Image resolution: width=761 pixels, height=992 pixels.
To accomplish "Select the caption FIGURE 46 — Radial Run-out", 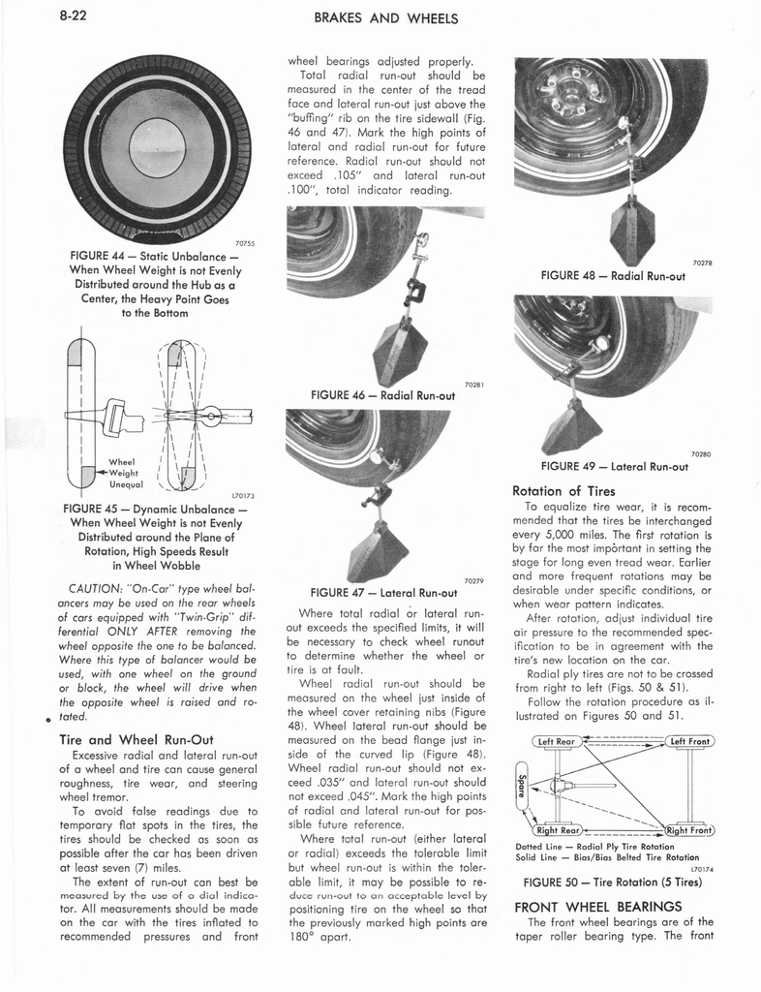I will click(382, 395).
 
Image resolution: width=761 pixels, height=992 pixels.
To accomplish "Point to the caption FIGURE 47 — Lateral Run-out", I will click(382, 592).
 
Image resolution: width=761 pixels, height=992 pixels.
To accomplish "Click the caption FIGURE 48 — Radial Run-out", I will click(612, 274).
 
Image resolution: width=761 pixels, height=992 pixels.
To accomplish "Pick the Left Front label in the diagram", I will click(689, 742).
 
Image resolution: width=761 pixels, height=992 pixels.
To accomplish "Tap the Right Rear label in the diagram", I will click(557, 829).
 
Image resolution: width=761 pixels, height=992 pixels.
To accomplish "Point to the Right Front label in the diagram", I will click(689, 829).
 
